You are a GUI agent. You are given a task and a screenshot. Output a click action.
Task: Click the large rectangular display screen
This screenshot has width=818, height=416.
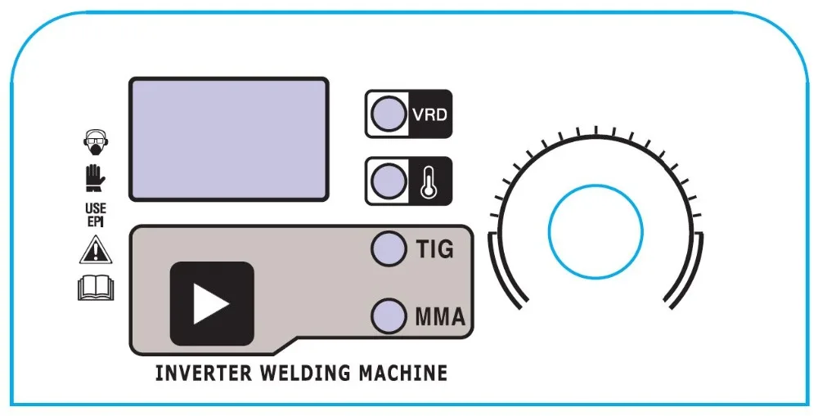click(228, 140)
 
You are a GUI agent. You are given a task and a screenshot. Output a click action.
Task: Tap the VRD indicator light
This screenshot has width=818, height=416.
click(387, 113)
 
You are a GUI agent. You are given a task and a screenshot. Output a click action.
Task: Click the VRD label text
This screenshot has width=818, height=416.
click(429, 114)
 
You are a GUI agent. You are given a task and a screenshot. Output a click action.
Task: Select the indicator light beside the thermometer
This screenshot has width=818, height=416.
click(387, 180)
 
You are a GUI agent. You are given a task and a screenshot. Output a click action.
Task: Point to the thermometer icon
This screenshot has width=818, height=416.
click(428, 181)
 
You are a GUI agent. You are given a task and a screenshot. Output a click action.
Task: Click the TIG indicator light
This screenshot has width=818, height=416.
click(389, 249)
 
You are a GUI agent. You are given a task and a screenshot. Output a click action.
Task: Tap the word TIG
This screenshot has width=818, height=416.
click(434, 249)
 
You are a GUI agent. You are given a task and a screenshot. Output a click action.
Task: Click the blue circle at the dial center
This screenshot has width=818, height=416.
click(595, 228)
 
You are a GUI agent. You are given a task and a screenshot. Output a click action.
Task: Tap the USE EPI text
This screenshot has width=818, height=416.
click(96, 216)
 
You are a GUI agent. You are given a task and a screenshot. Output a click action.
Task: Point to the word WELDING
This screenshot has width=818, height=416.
click(303, 374)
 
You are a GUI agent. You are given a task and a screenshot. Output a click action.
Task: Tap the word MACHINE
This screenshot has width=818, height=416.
click(404, 374)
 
